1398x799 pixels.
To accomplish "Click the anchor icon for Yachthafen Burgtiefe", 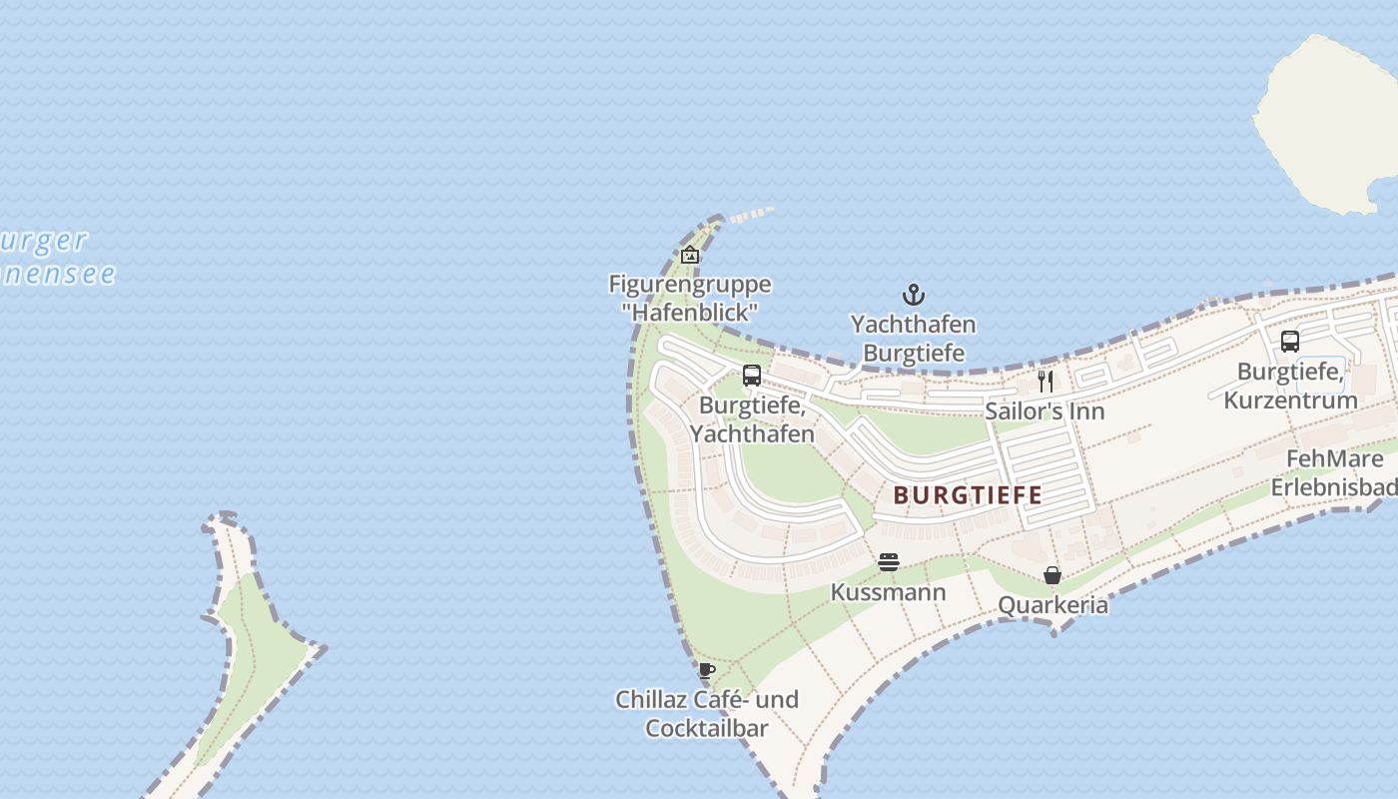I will [x=914, y=295].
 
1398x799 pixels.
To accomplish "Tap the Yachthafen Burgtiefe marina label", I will [x=914, y=339].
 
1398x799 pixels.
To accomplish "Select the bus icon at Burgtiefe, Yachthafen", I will [x=752, y=376].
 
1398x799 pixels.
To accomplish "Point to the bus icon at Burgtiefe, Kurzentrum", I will [x=1290, y=341].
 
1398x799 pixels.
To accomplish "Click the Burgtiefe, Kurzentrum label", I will [x=1290, y=386].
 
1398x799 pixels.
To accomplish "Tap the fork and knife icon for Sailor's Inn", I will [x=1046, y=381].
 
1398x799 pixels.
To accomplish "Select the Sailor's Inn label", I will [x=1045, y=410].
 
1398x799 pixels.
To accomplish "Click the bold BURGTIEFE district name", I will [x=968, y=494].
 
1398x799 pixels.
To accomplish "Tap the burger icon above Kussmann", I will [x=889, y=562].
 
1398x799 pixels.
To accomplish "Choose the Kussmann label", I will [x=888, y=592].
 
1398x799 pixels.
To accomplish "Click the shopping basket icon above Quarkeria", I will [x=1052, y=575].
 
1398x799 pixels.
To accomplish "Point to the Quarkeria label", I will [x=1052, y=605].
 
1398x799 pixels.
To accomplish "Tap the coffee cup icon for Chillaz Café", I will [x=707, y=670].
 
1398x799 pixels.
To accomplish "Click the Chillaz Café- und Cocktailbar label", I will [x=707, y=713].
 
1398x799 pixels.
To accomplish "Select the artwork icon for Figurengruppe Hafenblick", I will [x=689, y=255].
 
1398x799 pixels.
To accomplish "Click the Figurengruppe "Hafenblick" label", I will [x=689, y=298].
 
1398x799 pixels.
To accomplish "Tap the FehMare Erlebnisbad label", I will [x=1334, y=473].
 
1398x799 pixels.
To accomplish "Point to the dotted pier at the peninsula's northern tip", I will [x=751, y=215].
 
